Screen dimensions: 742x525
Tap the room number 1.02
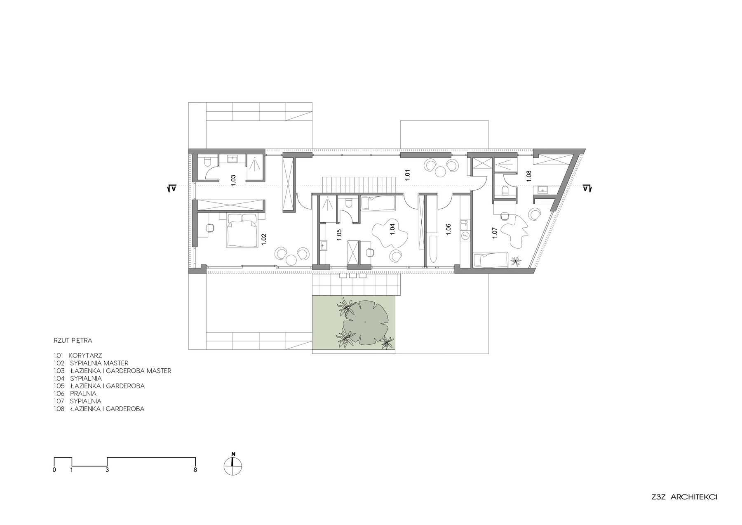[x=263, y=240]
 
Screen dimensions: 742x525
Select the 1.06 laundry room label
[x=448, y=230]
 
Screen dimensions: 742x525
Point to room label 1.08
[x=529, y=175]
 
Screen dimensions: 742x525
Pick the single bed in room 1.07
[x=489, y=260]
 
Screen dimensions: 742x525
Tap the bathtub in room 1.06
[x=432, y=249]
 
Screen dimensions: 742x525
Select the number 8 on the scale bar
[x=195, y=470]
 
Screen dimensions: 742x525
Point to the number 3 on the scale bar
[x=107, y=470]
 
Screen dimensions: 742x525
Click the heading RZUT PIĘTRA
[x=73, y=341]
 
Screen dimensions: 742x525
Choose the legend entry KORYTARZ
[x=85, y=355]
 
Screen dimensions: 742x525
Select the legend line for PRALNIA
[x=75, y=393]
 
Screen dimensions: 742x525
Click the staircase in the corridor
[x=359, y=184]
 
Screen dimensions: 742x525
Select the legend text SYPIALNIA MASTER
[x=99, y=363]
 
